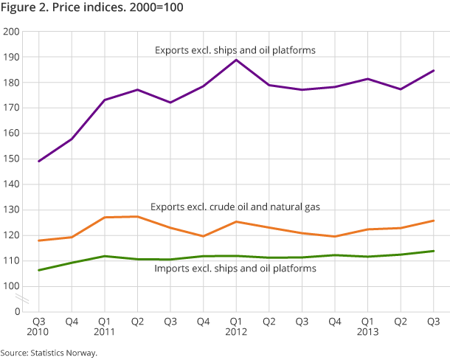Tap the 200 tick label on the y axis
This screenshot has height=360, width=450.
click(13, 32)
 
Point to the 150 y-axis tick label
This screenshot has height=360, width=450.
click(13, 159)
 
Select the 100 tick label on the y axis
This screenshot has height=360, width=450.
click(13, 286)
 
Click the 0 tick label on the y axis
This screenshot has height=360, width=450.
click(17, 311)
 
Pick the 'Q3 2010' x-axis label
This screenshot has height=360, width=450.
click(39, 328)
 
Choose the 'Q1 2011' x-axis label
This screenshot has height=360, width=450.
click(105, 328)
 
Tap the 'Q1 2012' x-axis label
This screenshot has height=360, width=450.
click(236, 328)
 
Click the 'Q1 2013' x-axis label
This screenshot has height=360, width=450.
click(367, 328)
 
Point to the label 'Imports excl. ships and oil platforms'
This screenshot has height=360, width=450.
click(235, 269)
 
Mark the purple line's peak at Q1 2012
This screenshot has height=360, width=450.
click(236, 60)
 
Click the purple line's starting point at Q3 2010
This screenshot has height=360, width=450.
click(39, 161)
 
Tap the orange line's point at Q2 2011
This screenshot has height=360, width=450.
click(137, 216)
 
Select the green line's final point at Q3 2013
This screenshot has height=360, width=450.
click(433, 251)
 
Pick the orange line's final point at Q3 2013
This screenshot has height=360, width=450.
click(433, 221)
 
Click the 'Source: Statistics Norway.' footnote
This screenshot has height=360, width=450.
click(49, 353)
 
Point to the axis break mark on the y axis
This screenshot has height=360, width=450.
click(24, 299)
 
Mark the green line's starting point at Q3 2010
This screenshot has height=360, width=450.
click(39, 270)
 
